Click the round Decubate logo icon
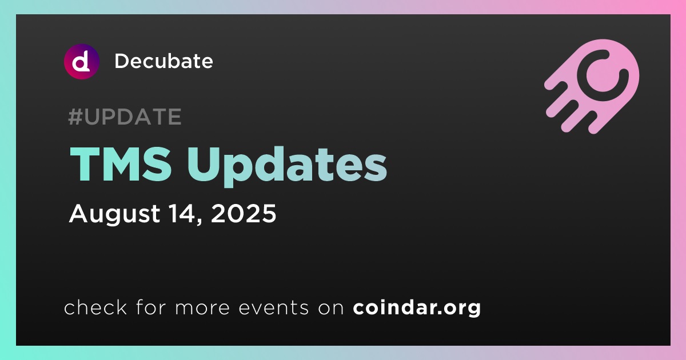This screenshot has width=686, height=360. (81, 62)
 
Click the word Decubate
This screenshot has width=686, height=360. (163, 61)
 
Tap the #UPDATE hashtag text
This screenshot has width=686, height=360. (125, 117)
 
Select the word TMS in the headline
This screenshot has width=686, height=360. (121, 164)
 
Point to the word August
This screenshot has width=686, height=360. (114, 214)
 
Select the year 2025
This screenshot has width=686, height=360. (244, 213)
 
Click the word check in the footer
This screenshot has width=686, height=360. (95, 307)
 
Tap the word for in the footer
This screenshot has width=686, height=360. (151, 307)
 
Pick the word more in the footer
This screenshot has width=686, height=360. (202, 309)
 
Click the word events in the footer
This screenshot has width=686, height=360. (273, 308)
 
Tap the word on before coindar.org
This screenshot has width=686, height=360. (331, 309)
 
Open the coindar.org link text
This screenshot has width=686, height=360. (417, 308)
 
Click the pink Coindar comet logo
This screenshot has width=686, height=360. (592, 86)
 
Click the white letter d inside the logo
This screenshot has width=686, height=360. (81, 62)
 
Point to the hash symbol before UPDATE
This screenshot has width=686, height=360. (75, 117)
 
